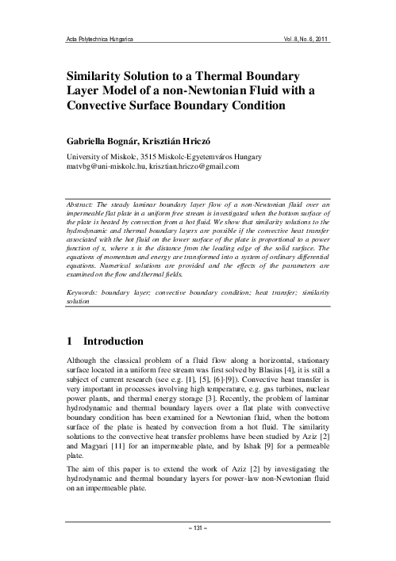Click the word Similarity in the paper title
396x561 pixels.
102,76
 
